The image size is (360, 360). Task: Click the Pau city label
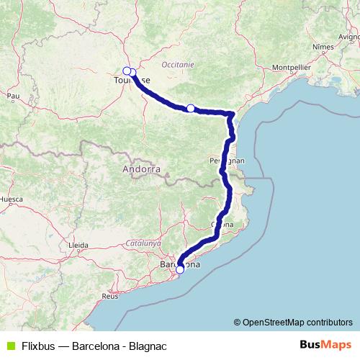click(x=13, y=94)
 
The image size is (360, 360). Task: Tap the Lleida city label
click(x=77, y=246)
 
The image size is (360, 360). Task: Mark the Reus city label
click(x=110, y=295)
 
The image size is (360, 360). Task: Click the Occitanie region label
click(x=179, y=64)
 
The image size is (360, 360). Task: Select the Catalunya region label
click(x=145, y=243)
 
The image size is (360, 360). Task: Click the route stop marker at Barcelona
click(x=180, y=270)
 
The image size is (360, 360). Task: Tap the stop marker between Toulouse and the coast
click(x=191, y=108)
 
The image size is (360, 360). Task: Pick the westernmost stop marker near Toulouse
click(x=127, y=71)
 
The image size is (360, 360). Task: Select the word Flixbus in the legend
click(x=37, y=345)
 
